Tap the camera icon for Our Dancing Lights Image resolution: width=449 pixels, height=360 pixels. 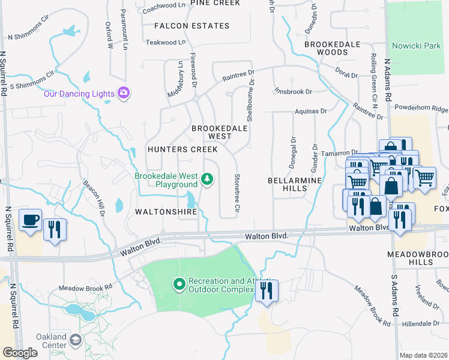point(124,93)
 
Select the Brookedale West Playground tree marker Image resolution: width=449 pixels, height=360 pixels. point(207,179)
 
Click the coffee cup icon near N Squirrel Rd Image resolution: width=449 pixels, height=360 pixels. point(30,220)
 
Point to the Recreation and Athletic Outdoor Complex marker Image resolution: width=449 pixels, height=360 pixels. point(178,284)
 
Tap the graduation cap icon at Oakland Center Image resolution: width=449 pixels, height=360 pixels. point(76,341)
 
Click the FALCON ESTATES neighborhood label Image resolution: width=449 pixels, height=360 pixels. point(191,26)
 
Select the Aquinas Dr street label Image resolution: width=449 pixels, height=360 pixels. point(310,111)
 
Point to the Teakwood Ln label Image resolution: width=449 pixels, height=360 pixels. point(166,43)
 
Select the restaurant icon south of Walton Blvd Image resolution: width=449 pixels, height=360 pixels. point(265,291)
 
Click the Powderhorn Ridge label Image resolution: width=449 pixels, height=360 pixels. point(421,109)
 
